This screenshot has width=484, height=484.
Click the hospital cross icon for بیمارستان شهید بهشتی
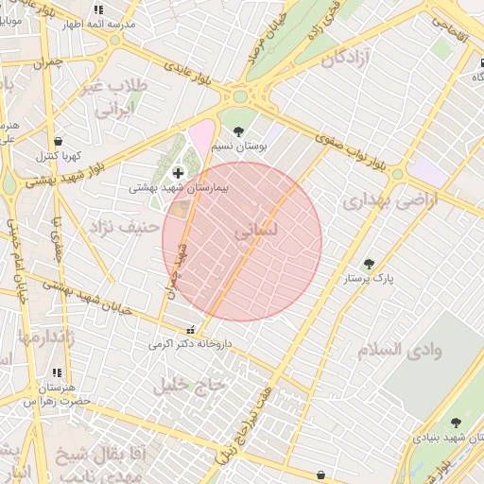tap(179, 173)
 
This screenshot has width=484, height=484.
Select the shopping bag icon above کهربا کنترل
tap(59, 140)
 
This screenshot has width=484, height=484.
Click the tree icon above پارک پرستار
tap(368, 265)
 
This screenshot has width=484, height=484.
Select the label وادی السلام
tap(400, 350)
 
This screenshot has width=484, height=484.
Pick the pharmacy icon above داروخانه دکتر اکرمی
tap(193, 331)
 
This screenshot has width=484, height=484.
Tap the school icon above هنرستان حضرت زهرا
tap(57, 373)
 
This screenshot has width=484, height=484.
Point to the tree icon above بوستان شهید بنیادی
tap(456, 423)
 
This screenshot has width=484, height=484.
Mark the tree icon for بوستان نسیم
tap(237, 131)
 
